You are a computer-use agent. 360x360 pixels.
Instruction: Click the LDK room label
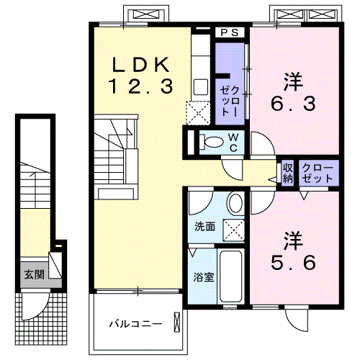141,63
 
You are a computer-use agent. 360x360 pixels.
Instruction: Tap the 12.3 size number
141,86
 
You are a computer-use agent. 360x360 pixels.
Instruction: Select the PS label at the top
230,32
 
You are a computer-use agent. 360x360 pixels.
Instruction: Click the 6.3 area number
292,104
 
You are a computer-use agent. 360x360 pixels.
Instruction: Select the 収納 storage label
287,173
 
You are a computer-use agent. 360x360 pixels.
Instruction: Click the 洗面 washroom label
205,226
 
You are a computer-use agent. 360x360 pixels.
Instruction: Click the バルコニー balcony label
135,323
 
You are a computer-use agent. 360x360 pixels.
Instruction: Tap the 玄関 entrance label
33,274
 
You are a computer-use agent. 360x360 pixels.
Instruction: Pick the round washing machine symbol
235,203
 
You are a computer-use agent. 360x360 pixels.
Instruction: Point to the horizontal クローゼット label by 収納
318,173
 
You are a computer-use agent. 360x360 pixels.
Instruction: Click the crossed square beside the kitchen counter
197,113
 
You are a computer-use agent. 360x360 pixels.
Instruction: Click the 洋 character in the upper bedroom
292,81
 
